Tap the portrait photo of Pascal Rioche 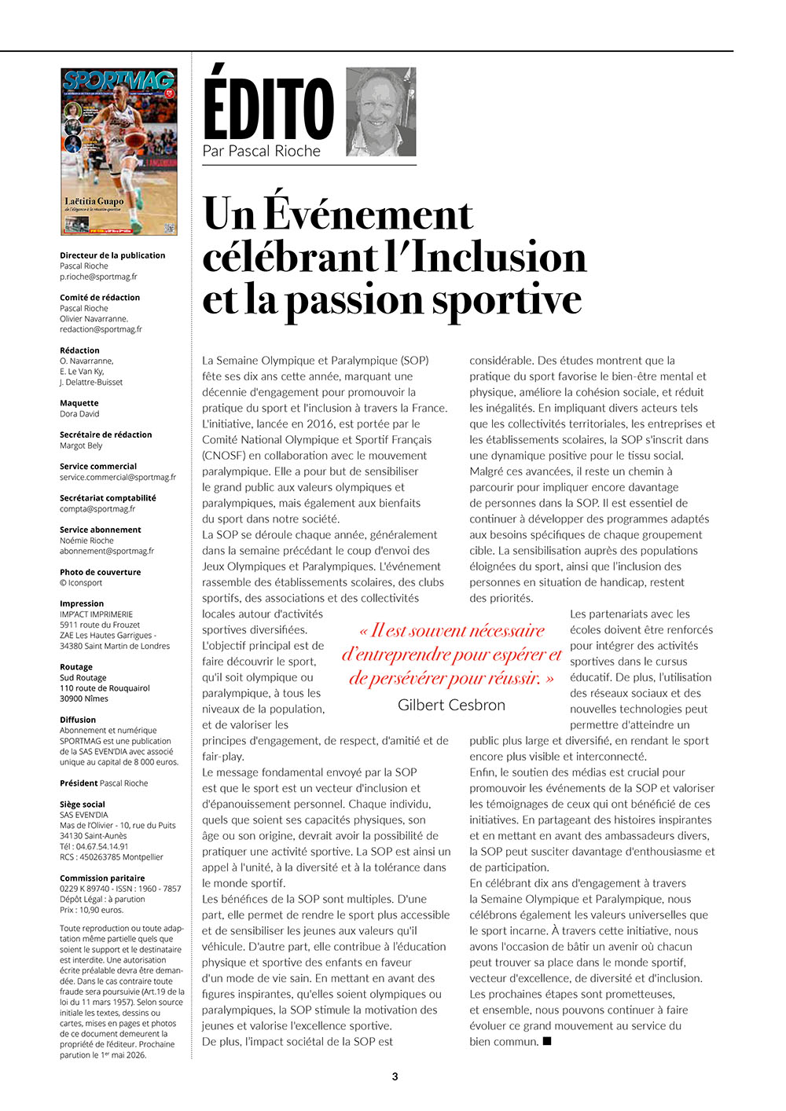pyautogui.click(x=380, y=112)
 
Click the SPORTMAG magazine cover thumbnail pyautogui.click(x=119, y=152)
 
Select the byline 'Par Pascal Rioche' pyautogui.click(x=262, y=151)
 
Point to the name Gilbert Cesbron pyautogui.click(x=451, y=705)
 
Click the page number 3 pyautogui.click(x=395, y=1076)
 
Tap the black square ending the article pyautogui.click(x=547, y=1041)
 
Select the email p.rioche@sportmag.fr pyautogui.click(x=98, y=277)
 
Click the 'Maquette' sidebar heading pyautogui.click(x=79, y=403)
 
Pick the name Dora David pyautogui.click(x=79, y=413)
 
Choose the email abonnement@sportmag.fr pyautogui.click(x=107, y=551)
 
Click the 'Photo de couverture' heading pyautogui.click(x=101, y=572)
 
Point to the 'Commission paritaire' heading pyautogui.click(x=102, y=878)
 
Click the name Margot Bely pyautogui.click(x=81, y=445)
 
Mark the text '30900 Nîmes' pyautogui.click(x=84, y=698)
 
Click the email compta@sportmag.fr pyautogui.click(x=97, y=508)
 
